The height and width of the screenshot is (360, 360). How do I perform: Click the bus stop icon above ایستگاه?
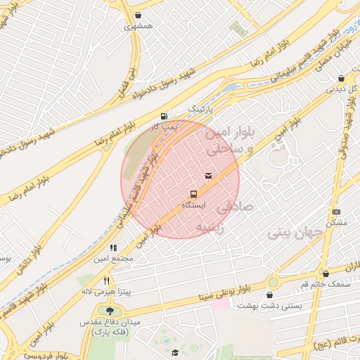click(193, 193)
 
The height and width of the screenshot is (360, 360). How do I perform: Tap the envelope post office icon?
click(208, 175)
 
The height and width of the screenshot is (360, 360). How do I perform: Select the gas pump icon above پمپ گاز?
click(164, 116)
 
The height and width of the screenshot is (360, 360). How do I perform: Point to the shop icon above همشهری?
click(138, 15)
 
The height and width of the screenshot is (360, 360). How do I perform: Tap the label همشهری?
click(138, 26)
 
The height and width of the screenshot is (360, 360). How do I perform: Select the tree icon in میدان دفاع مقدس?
click(108, 311)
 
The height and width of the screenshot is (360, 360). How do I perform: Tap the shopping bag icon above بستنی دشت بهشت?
click(270, 295)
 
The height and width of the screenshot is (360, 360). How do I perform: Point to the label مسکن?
click(337, 222)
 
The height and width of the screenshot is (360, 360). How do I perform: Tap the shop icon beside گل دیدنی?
click(342, 79)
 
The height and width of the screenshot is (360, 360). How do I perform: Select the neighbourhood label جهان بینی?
click(296, 233)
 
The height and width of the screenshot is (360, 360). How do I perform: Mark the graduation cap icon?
click(174, 352)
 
